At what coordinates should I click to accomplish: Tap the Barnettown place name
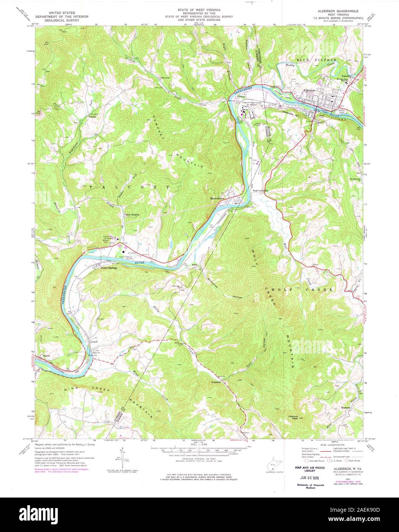[217, 198]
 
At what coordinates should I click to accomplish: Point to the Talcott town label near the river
[47, 356]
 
